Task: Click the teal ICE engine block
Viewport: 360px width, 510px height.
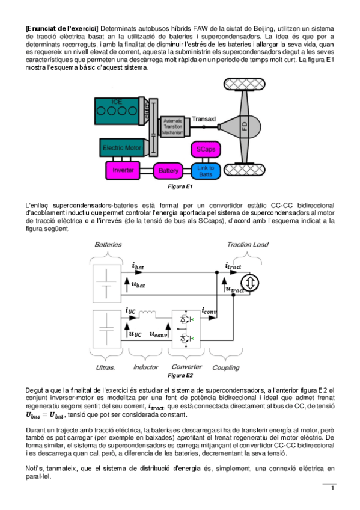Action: (x=117, y=111)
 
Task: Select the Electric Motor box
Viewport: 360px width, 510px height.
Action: (x=121, y=148)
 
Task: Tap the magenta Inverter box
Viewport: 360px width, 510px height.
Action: (x=123, y=170)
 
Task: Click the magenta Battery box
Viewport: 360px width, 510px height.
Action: (x=168, y=171)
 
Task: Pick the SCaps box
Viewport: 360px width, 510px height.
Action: (x=206, y=149)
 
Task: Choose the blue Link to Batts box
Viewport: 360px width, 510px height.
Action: (x=206, y=171)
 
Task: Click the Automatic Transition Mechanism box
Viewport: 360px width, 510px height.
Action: (x=173, y=127)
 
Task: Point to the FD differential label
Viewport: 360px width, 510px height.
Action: (x=245, y=126)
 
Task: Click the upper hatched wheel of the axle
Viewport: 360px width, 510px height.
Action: (x=245, y=85)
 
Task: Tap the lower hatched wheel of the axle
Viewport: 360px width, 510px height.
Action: (x=245, y=170)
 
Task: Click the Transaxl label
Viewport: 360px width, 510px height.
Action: (x=204, y=119)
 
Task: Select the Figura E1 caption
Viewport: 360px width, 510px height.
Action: (x=180, y=186)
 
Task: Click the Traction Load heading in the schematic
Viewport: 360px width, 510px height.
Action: (x=248, y=245)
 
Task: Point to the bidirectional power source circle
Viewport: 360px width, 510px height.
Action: (x=250, y=283)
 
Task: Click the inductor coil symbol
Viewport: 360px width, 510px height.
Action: (x=147, y=313)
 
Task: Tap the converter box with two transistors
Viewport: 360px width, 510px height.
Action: (x=186, y=329)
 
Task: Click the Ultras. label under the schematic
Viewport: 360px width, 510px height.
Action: (x=105, y=368)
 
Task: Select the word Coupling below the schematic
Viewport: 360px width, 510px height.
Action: (x=226, y=367)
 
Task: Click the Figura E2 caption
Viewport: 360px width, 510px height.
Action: (x=180, y=375)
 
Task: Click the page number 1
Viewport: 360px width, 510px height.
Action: (x=332, y=488)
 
